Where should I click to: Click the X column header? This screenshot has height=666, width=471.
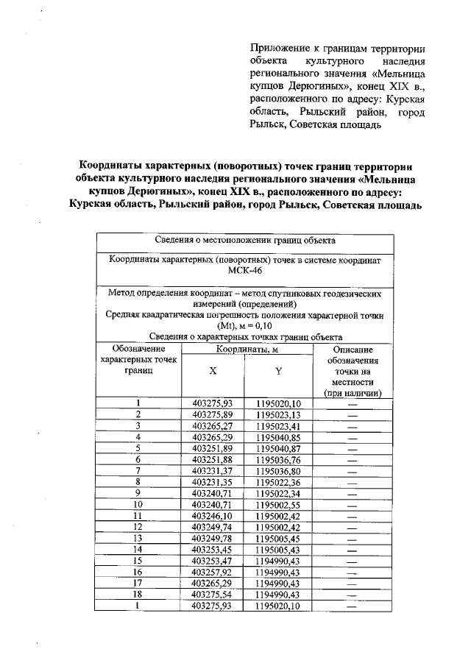pos(213,372)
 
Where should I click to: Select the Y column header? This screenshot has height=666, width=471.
pos(278,372)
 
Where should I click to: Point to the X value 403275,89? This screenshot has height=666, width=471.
pos(213,414)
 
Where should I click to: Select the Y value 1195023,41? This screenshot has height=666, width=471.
pos(278,425)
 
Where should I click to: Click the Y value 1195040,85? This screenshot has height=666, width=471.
pos(278,436)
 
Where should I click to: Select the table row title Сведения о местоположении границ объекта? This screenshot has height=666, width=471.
pos(245,240)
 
